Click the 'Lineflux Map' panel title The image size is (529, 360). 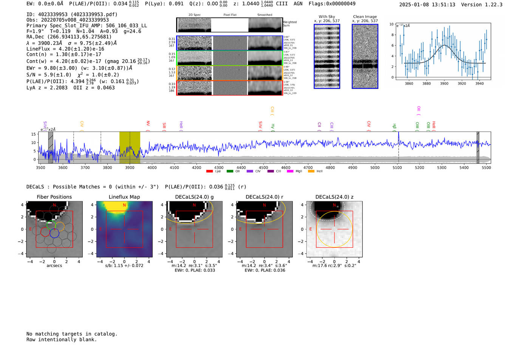click(x=124, y=197)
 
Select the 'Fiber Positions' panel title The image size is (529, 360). click(x=54, y=197)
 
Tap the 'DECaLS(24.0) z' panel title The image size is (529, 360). click(x=334, y=197)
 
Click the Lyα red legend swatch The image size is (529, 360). click(x=209, y=172)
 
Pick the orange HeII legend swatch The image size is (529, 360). click(x=311, y=172)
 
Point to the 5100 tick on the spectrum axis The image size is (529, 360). click(x=397, y=168)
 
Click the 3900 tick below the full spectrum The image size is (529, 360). click(x=130, y=168)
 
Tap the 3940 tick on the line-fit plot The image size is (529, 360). click(x=479, y=83)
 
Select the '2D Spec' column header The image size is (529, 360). click(x=195, y=15)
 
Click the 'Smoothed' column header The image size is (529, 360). click(x=264, y=15)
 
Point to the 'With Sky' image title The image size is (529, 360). click(x=327, y=17)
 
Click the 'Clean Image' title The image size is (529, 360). click(x=365, y=17)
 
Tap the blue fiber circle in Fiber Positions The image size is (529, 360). click(x=54, y=233)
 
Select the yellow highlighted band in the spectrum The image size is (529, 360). click(x=130, y=147)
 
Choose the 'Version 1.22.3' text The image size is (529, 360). click(x=481, y=5)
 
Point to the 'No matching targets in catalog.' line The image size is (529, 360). click(x=72, y=334)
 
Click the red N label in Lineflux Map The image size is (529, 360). click(x=124, y=205)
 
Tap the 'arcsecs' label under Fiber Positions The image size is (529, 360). click(x=54, y=266)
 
